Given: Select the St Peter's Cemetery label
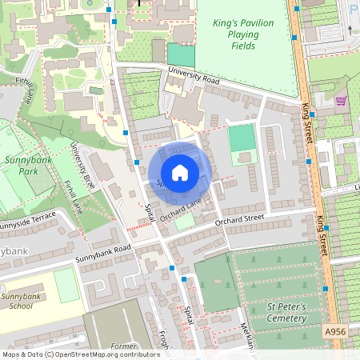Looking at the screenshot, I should (x=275, y=312).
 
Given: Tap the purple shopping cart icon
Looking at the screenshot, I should (x=342, y=101).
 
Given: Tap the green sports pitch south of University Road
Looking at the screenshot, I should (x=242, y=139).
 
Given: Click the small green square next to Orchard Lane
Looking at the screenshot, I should (x=184, y=223).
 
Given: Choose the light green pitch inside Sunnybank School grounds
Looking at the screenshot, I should (x=66, y=286).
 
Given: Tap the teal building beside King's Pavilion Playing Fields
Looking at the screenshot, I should (x=181, y=55).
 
